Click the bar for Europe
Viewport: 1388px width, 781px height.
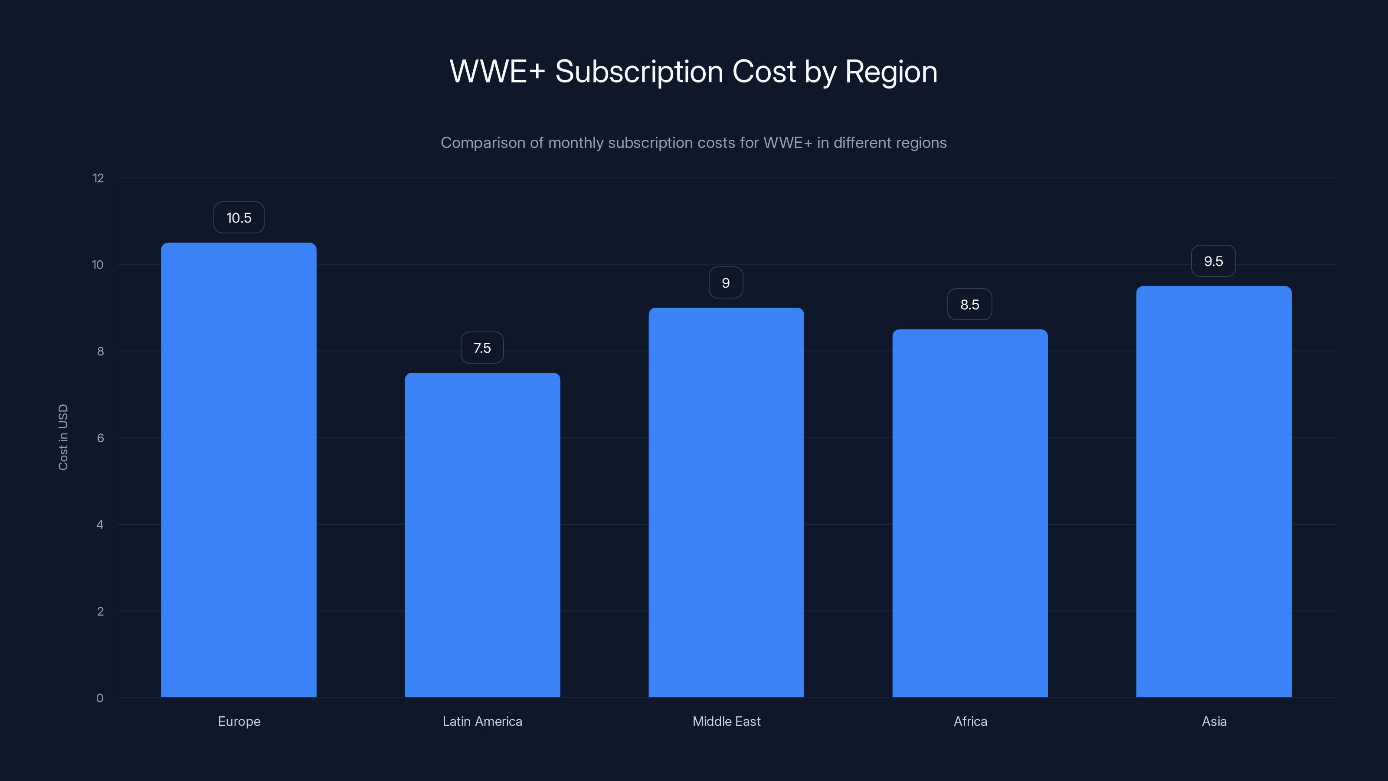239,469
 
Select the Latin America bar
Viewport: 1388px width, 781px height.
482,535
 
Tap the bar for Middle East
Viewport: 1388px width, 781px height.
726,502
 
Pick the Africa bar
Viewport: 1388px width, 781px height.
970,513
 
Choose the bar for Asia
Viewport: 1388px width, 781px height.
1214,492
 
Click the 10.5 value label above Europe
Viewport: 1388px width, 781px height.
239,218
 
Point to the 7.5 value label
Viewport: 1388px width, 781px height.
482,348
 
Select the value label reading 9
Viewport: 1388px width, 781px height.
726,283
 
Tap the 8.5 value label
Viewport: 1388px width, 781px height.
970,305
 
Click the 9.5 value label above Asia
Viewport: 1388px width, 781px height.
1214,261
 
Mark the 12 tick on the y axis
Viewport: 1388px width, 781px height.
98,178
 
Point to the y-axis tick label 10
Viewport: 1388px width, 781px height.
98,265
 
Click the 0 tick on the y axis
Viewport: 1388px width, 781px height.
100,698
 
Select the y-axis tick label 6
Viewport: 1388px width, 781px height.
100,438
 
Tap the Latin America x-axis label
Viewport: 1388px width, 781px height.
482,721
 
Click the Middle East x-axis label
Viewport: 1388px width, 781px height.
727,721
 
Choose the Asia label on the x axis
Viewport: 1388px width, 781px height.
1214,721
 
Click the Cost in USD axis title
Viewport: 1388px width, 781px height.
63,437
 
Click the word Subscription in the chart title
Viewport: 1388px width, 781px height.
638,72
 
